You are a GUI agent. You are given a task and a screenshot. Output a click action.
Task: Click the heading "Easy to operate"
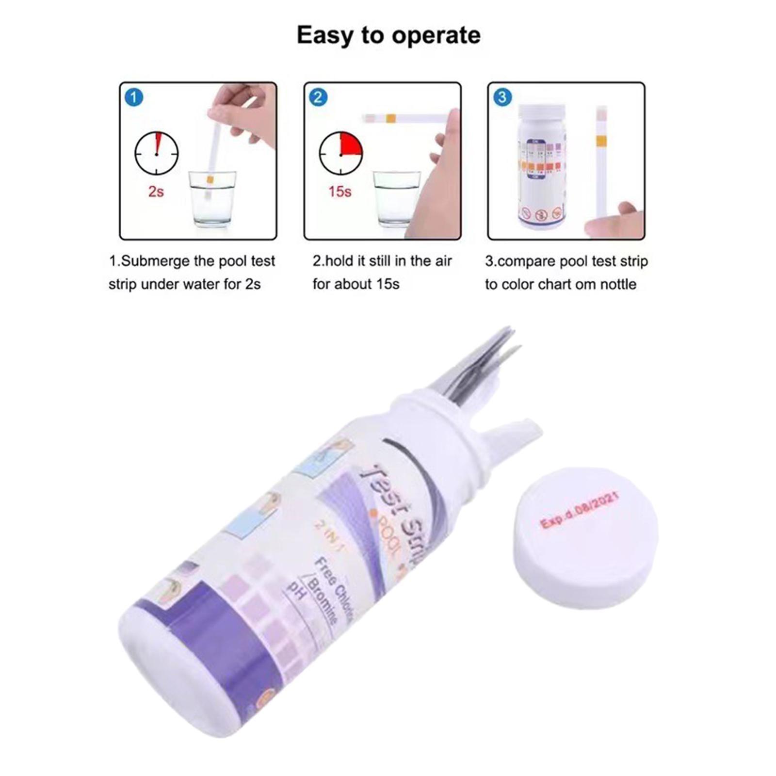click(x=388, y=35)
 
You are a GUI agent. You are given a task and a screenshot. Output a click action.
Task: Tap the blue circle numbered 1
click(x=134, y=98)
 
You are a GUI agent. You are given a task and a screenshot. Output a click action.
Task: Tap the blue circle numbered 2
click(x=318, y=98)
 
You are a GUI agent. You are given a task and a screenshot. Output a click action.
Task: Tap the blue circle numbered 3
click(x=501, y=98)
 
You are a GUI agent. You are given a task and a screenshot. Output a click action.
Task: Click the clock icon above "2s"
click(x=156, y=154)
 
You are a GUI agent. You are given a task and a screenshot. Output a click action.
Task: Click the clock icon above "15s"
click(x=340, y=154)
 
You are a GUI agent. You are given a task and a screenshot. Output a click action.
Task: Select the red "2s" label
click(x=156, y=192)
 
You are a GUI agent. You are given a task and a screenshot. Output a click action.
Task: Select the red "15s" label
click(x=339, y=192)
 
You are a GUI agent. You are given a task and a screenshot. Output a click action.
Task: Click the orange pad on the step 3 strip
click(x=601, y=141)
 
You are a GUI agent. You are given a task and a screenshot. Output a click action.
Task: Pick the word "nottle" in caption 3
click(x=618, y=284)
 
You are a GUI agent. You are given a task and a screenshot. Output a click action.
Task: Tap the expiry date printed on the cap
click(x=579, y=510)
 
